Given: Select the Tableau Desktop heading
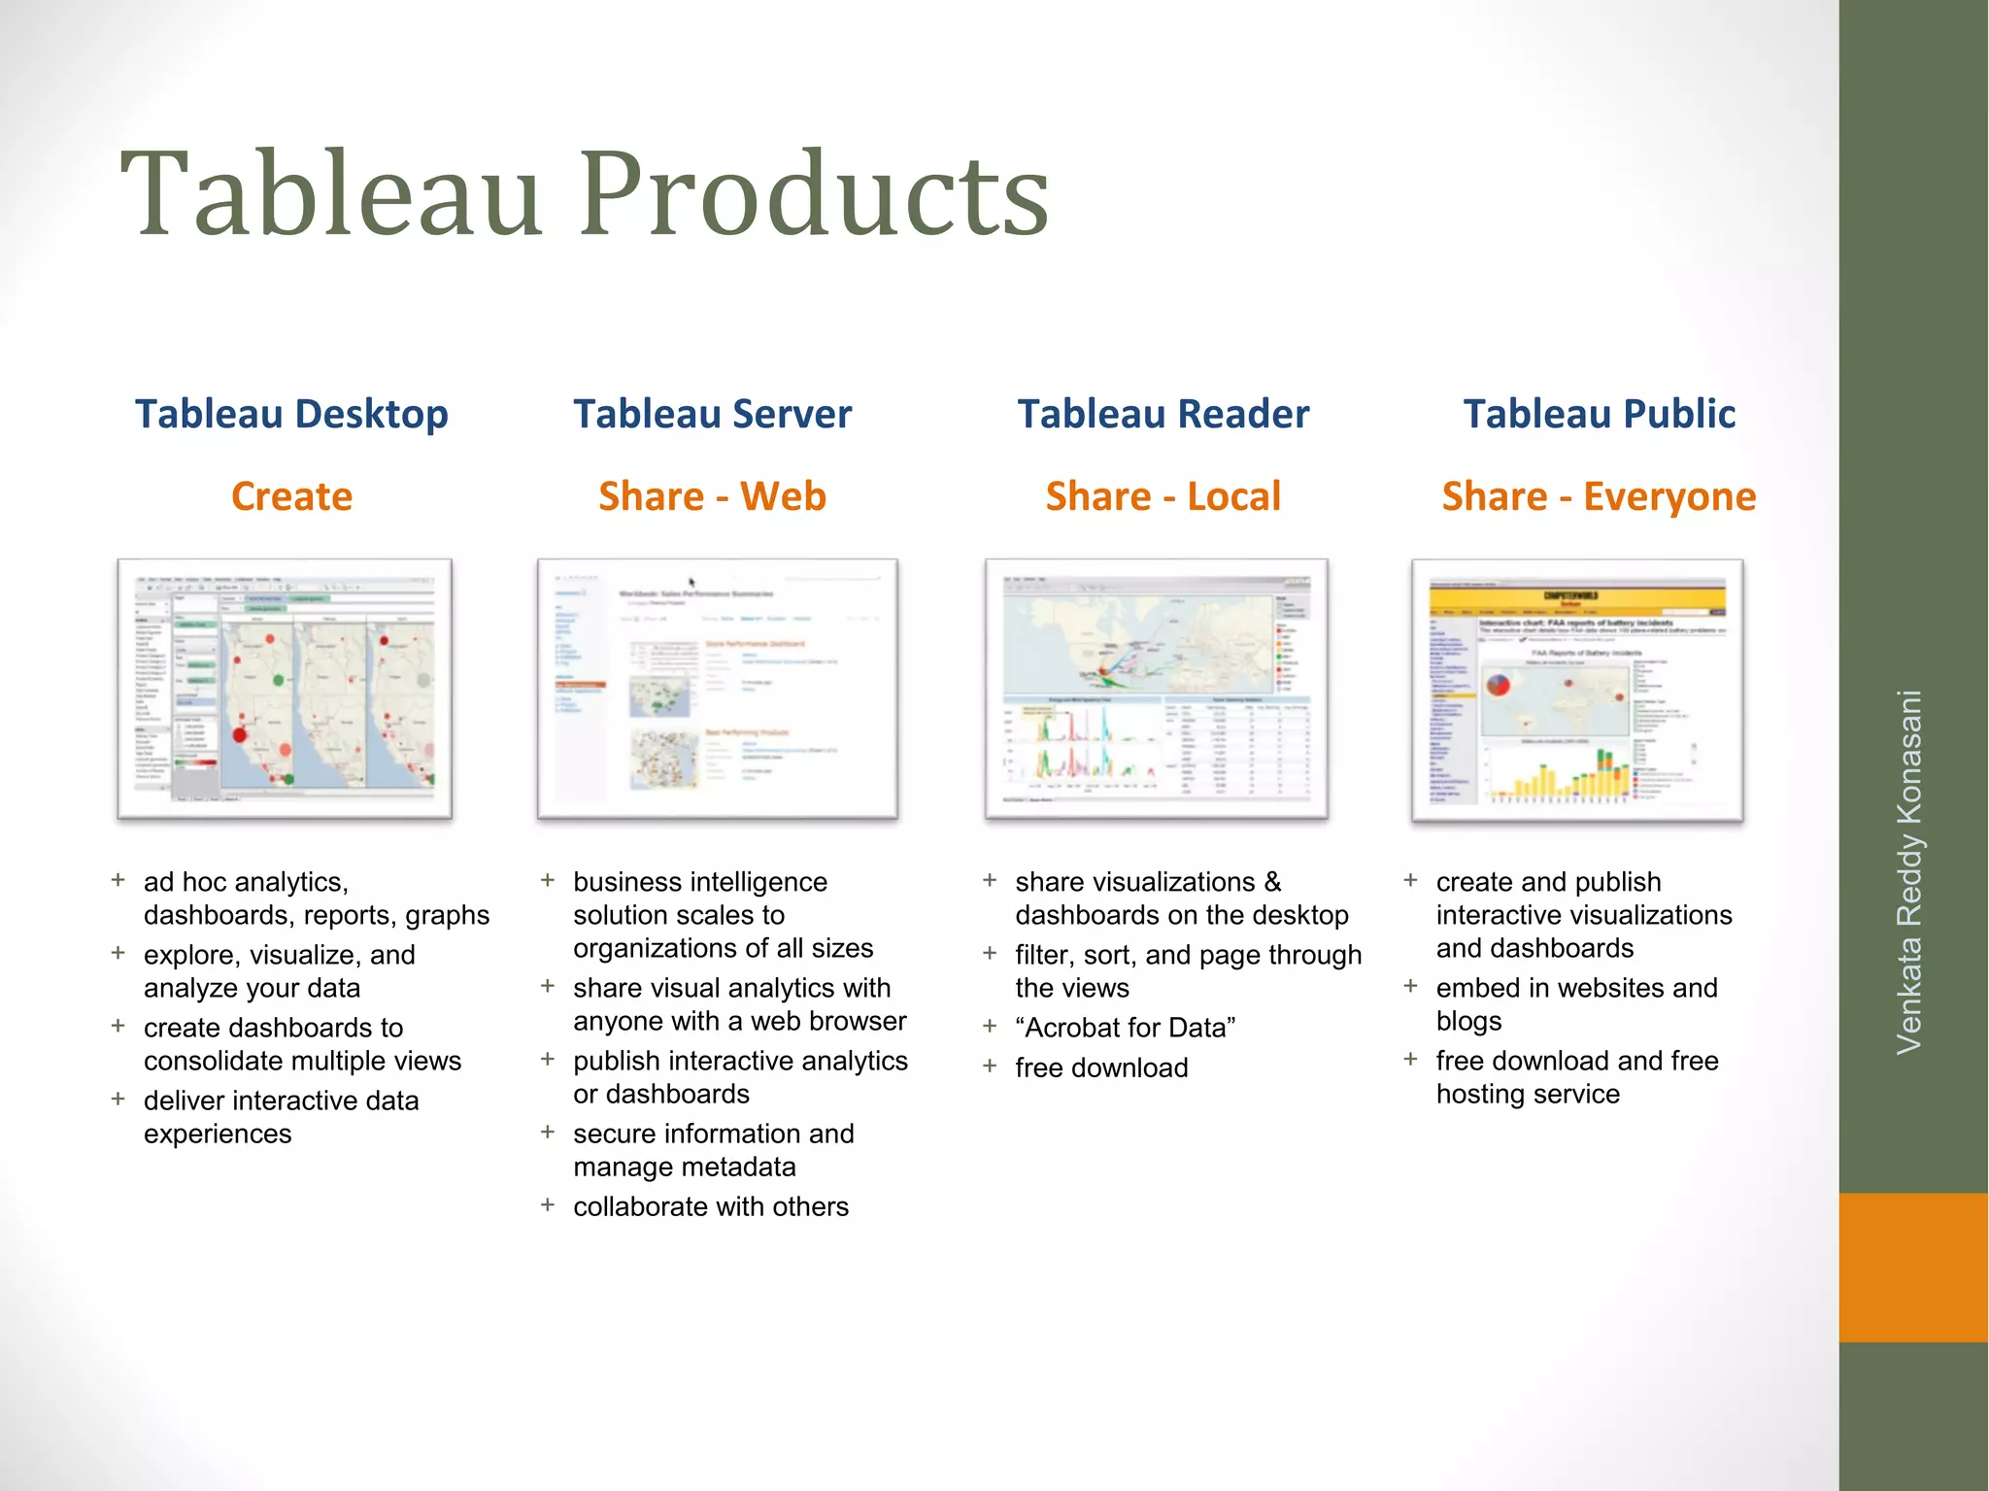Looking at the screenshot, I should [291, 414].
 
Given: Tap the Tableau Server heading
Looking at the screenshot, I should [712, 414].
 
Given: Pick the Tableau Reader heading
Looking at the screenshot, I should [1163, 414].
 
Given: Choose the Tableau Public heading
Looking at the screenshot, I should [1599, 414].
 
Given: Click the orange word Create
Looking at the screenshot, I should [291, 496].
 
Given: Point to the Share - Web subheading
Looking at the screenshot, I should [712, 496].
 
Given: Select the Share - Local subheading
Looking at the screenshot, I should [1163, 496].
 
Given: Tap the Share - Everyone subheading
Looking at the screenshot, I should [1599, 496].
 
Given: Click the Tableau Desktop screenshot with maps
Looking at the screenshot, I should [285, 689].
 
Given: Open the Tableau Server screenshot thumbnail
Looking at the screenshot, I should [717, 689].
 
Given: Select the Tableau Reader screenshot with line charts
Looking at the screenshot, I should [1156, 689].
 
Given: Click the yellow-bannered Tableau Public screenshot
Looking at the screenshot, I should [1577, 689].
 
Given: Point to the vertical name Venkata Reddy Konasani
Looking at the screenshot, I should [1909, 871].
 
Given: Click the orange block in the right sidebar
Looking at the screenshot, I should [1912, 1267].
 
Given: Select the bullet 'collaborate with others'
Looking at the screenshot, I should [710, 1206].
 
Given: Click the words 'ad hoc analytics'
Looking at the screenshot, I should [245, 882].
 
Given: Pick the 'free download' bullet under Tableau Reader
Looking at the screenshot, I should [1101, 1067].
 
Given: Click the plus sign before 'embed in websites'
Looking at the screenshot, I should [1410, 987].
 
